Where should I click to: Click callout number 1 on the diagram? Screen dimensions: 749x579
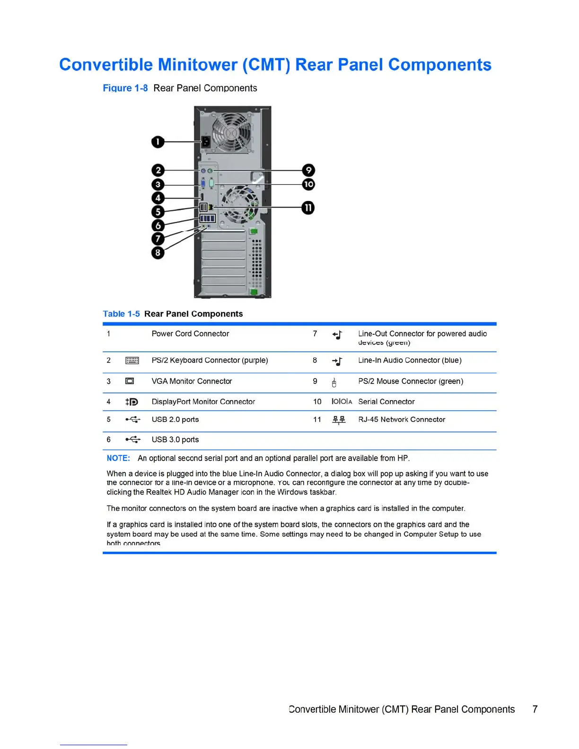[158, 142]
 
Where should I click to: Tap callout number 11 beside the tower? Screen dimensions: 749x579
[308, 208]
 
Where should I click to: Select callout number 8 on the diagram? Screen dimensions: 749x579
[158, 253]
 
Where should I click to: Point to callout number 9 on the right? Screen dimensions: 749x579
[308, 170]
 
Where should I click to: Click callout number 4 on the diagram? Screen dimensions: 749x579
[158, 198]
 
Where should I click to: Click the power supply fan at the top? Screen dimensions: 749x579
[231, 132]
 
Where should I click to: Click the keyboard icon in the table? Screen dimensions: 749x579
[132, 361]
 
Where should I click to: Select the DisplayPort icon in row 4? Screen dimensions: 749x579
[132, 402]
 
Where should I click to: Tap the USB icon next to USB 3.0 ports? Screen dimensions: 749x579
[133, 440]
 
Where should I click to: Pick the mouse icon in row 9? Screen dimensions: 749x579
[334, 382]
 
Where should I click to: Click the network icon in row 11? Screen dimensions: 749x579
[339, 420]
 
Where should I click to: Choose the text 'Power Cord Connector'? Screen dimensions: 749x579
[190, 334]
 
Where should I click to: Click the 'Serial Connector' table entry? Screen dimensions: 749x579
[386, 402]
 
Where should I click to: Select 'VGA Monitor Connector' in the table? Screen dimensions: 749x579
[192, 381]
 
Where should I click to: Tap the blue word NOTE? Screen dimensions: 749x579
[118, 458]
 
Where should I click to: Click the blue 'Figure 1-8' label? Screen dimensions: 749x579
[125, 88]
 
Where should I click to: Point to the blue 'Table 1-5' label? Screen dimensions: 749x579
[122, 314]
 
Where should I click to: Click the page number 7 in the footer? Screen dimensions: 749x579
[535, 709]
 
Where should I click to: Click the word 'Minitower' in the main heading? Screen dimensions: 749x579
[198, 65]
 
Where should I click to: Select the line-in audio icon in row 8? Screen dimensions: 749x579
[337, 362]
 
